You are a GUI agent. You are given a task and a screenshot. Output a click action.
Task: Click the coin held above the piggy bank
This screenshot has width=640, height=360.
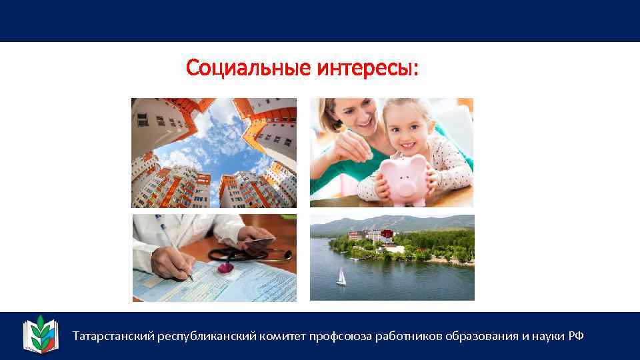[367, 155]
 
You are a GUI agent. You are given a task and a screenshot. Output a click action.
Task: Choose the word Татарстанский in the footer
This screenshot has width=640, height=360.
[113, 336]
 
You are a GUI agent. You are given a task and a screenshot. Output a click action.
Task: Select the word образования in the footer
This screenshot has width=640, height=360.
[478, 336]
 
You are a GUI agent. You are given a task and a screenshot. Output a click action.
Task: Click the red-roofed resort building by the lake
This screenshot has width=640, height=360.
[373, 236]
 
